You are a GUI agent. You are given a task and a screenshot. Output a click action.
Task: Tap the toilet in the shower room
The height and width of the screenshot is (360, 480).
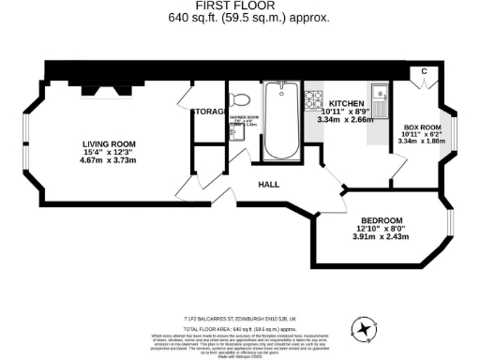240,101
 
